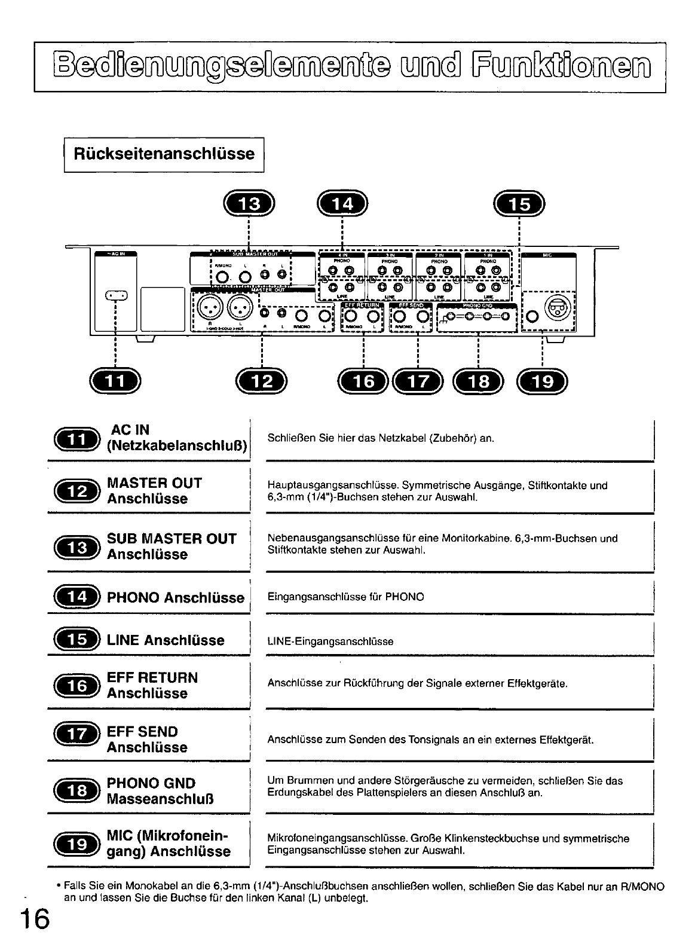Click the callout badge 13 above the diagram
(249, 204)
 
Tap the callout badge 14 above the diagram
(342, 204)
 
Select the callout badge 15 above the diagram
(519, 204)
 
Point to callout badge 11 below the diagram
(115, 381)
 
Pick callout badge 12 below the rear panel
(262, 381)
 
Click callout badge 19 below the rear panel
(542, 381)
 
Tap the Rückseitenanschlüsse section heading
(164, 154)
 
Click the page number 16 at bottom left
(33, 918)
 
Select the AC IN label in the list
(130, 429)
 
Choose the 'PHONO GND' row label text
(151, 783)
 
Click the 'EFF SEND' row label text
(142, 732)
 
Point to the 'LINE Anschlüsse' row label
(166, 640)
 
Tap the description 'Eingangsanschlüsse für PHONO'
(346, 597)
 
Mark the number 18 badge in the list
(77, 791)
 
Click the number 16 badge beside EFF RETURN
(77, 685)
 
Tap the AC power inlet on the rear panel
(117, 295)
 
